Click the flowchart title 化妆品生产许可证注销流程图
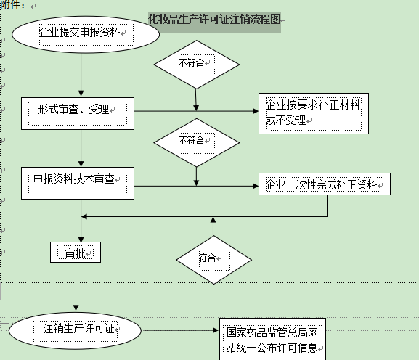[214, 20]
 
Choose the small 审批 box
[76, 253]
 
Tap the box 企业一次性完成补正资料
[324, 184]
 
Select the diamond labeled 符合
[213, 258]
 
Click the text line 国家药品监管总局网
[272, 333]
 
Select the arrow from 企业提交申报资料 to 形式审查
[81, 75]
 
